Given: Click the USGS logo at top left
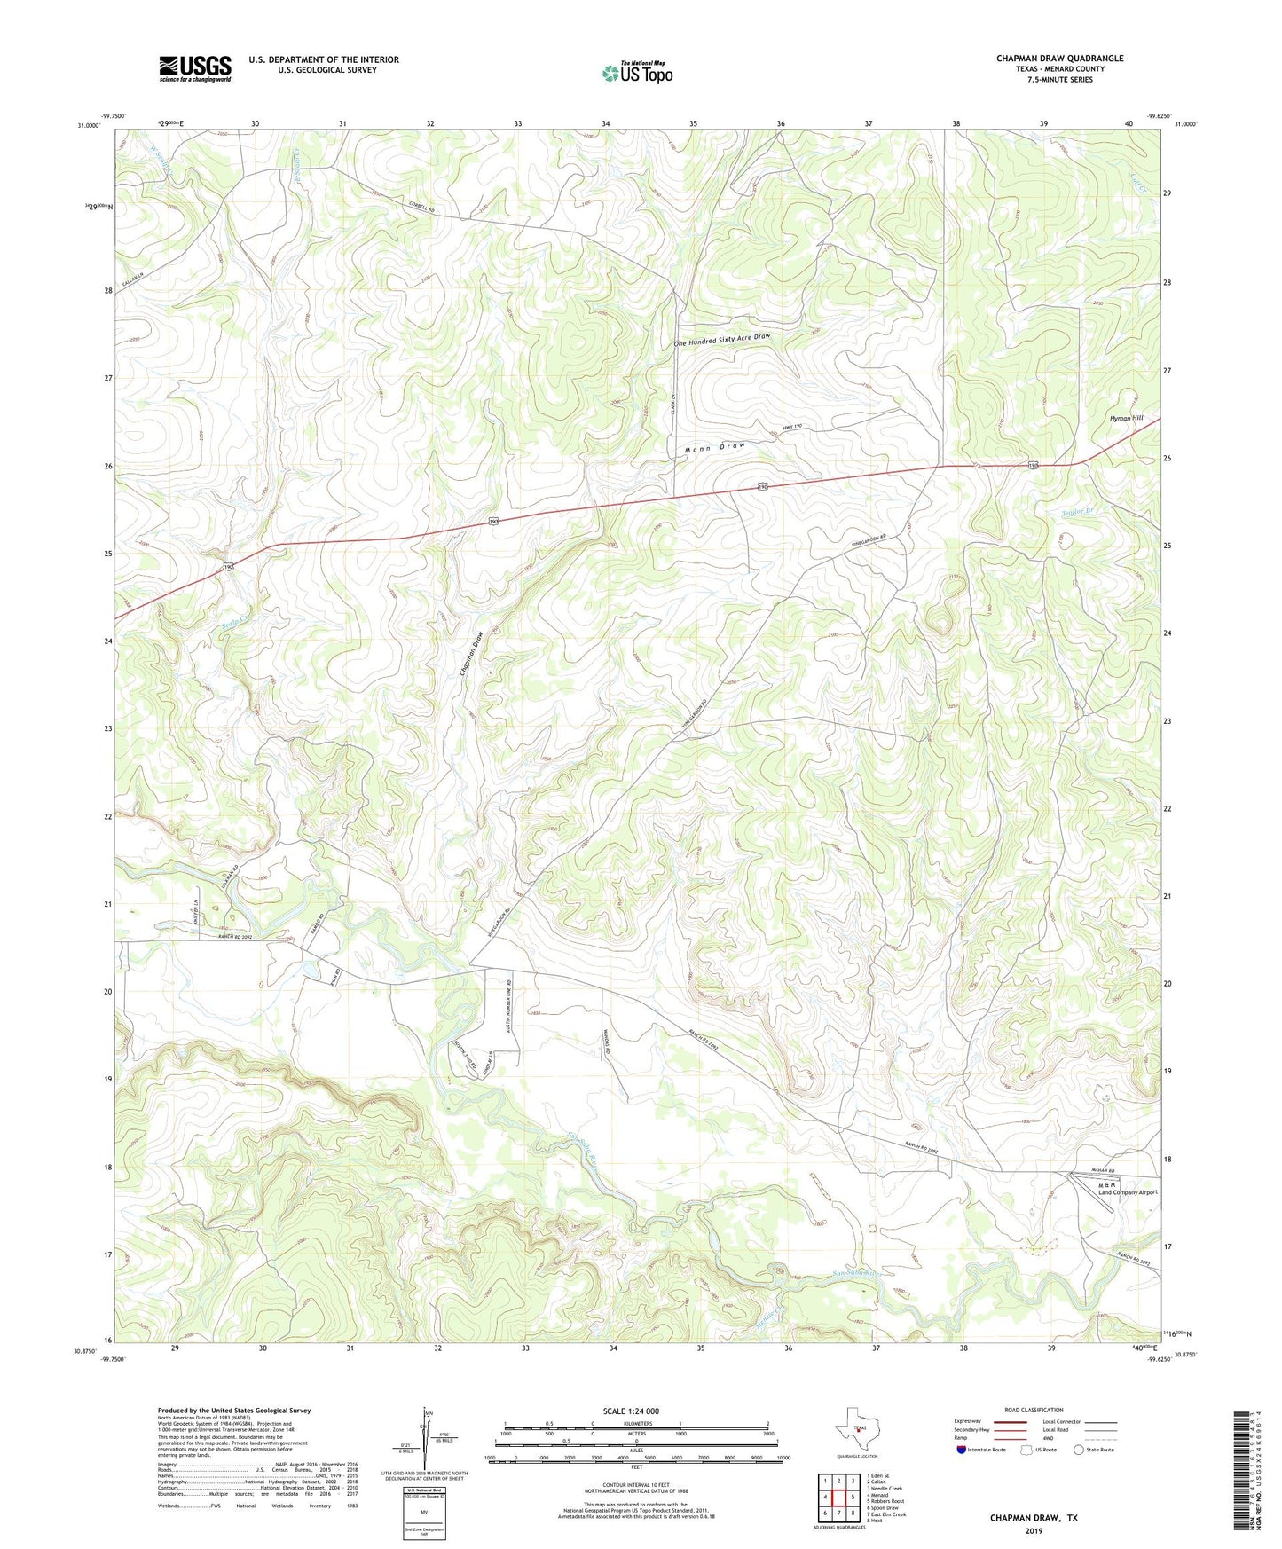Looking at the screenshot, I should pyautogui.click(x=195, y=68).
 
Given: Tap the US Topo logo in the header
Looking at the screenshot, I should pyautogui.click(x=637, y=73).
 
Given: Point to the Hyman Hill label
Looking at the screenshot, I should pyautogui.click(x=1126, y=418).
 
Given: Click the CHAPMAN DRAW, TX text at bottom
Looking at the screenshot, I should pyautogui.click(x=1034, y=1518).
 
